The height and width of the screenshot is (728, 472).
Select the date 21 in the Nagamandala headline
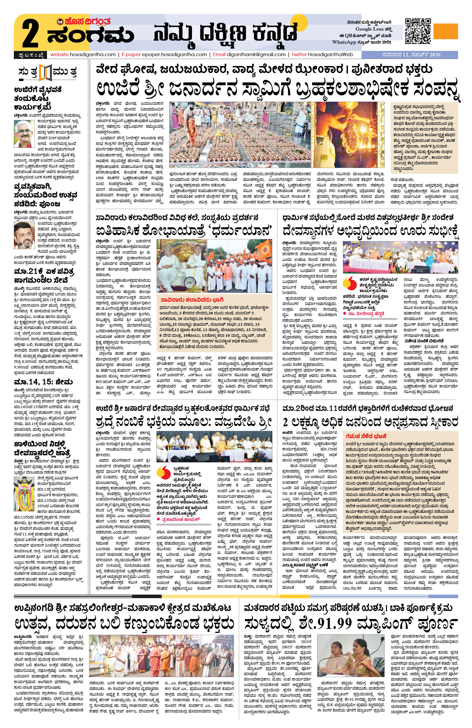pos(36,272)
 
